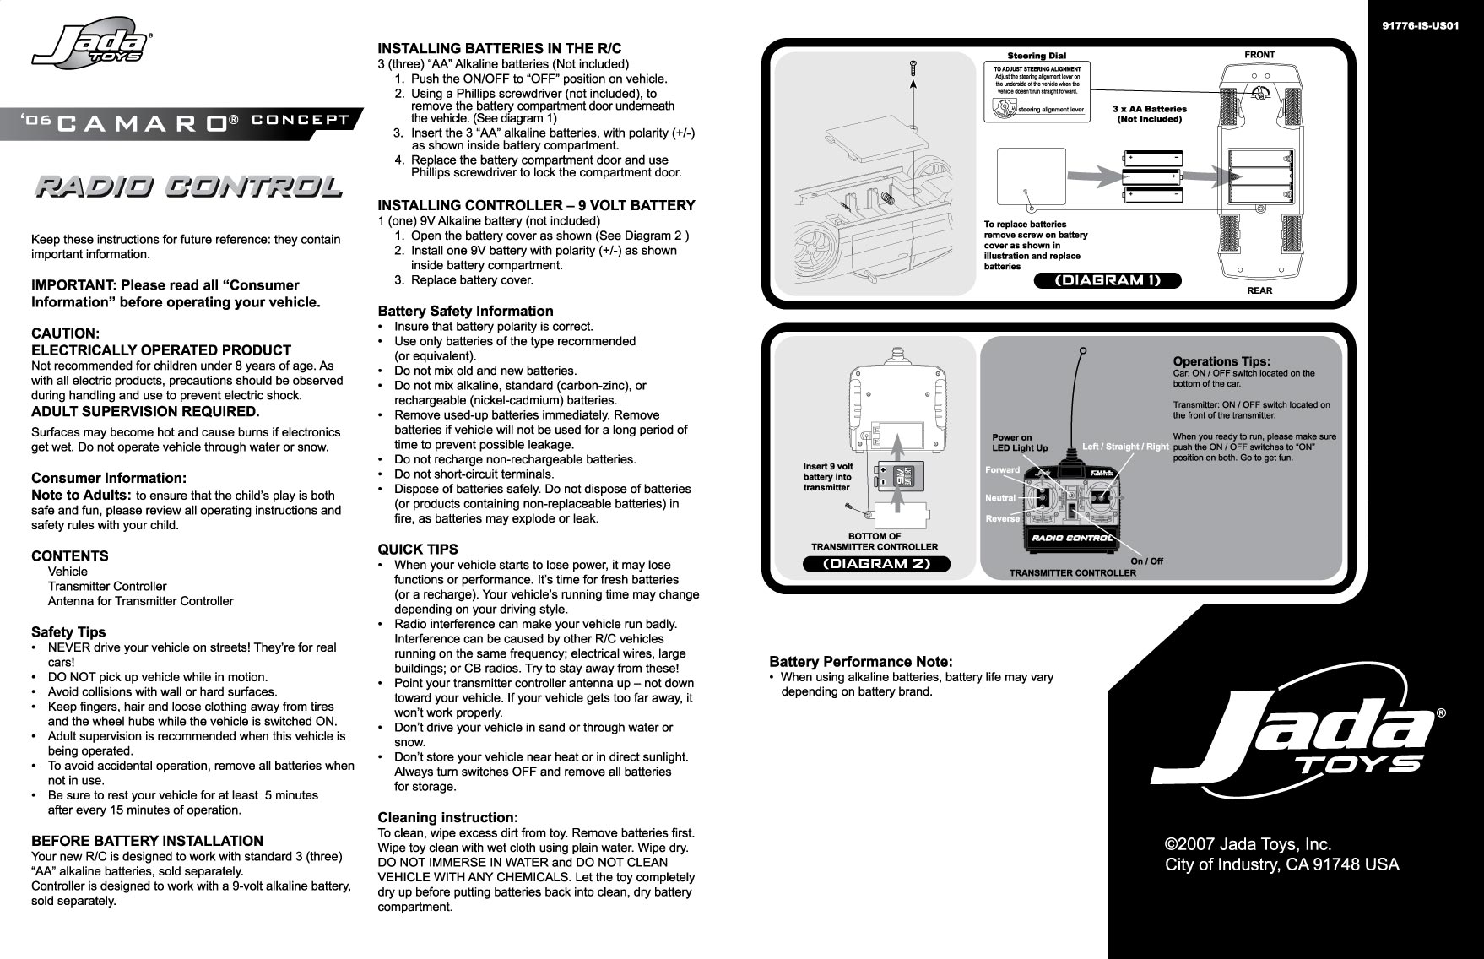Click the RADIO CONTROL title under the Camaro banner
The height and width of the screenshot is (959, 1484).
(x=187, y=187)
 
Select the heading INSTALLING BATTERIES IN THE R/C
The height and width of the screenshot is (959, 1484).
(x=499, y=48)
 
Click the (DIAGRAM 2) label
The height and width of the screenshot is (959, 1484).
(x=876, y=564)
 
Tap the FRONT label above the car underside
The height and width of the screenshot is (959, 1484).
(x=1259, y=55)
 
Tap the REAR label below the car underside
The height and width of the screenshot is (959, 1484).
(x=1259, y=291)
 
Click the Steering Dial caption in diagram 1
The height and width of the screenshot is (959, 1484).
(x=1037, y=56)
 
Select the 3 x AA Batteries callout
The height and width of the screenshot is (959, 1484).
(x=1149, y=114)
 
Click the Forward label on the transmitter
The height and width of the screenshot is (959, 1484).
(x=1002, y=470)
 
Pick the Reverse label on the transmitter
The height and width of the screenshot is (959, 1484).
(x=1002, y=518)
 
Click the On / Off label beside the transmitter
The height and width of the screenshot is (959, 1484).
(x=1145, y=561)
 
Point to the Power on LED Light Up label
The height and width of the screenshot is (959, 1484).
(x=1019, y=443)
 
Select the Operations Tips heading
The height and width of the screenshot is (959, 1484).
(x=1221, y=361)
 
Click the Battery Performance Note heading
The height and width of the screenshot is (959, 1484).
(x=860, y=661)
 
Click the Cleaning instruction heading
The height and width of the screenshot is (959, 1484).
(x=447, y=818)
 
